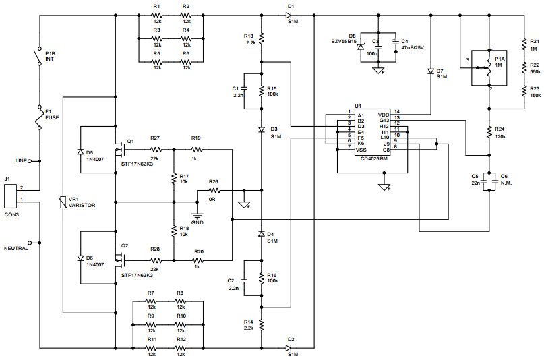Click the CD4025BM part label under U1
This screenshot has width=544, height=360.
coord(374,158)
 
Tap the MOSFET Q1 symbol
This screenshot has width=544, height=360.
coord(122,146)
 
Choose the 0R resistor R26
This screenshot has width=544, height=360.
coord(214,190)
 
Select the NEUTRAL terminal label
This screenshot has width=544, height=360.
coord(18,248)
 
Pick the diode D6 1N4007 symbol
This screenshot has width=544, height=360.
coord(80,257)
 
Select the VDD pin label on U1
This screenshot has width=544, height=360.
coord(384,114)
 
